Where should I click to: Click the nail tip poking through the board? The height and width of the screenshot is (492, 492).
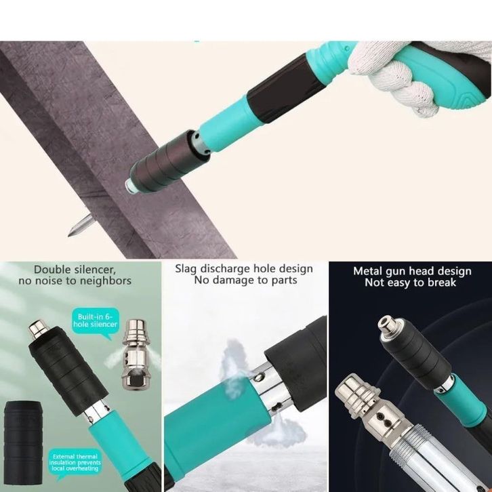pyautogui.click(x=69, y=234)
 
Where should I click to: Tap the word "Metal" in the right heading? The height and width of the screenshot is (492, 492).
pyautogui.click(x=367, y=271)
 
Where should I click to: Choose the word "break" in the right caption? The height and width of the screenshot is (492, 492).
pyautogui.click(x=441, y=283)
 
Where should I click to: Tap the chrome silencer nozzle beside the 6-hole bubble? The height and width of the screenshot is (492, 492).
pyautogui.click(x=135, y=354)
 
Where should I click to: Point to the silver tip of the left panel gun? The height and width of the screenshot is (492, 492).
pyautogui.click(x=38, y=329)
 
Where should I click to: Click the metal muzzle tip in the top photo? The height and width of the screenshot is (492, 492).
pyautogui.click(x=129, y=186)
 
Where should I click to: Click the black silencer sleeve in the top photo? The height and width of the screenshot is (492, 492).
pyautogui.click(x=168, y=163)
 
